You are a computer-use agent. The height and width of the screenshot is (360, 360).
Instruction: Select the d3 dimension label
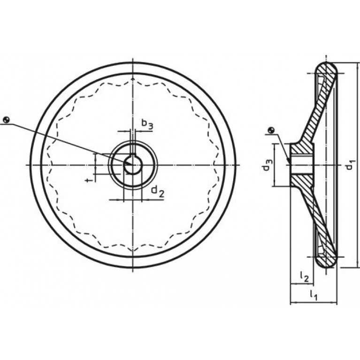click(267, 165)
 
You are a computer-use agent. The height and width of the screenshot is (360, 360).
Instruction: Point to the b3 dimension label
click(147, 124)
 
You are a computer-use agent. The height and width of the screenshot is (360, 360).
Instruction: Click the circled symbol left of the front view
click(6, 120)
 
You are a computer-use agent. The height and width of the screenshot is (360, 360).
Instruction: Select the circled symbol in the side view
click(270, 130)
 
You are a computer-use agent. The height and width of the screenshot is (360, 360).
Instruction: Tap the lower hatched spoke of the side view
click(315, 221)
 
